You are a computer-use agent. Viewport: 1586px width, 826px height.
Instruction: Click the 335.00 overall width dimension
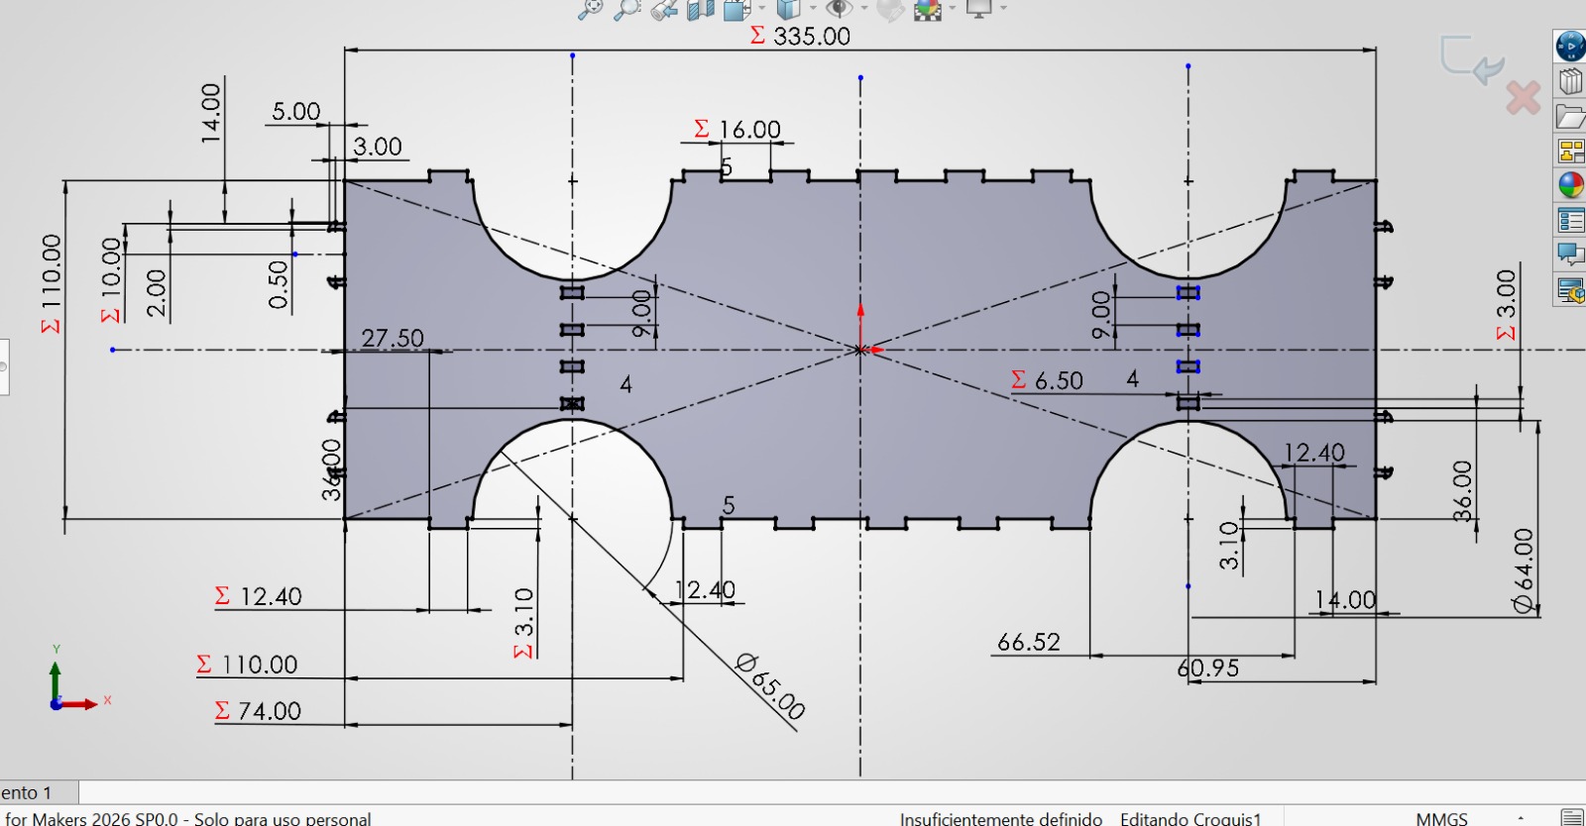(x=810, y=37)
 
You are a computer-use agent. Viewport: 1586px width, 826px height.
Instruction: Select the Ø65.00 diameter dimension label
(x=771, y=684)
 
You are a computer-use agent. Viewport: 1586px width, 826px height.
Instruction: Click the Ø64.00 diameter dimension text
(x=1524, y=571)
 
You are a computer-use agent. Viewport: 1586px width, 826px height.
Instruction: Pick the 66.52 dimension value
(x=1028, y=643)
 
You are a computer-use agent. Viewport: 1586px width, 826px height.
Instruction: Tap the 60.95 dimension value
(x=1208, y=669)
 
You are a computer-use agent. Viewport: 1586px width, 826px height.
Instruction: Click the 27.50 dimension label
(x=393, y=339)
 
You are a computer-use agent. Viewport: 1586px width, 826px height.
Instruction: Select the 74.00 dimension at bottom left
(x=269, y=711)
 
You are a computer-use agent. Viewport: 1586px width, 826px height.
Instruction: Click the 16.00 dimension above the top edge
(x=748, y=130)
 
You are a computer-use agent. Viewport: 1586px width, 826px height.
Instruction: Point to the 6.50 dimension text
(x=1058, y=380)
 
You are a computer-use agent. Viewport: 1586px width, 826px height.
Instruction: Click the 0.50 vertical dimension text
(x=279, y=285)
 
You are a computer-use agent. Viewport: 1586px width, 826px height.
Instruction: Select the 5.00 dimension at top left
(x=295, y=111)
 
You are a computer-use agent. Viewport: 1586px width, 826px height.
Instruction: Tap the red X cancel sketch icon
(x=1524, y=98)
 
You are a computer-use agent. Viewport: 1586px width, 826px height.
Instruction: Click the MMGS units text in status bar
(x=1441, y=818)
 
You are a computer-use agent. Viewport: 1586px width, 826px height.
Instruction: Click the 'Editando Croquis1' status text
(x=1189, y=818)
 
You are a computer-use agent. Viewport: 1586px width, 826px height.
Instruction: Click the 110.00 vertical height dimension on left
(x=52, y=282)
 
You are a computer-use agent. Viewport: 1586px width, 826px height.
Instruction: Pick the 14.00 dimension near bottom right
(x=1345, y=600)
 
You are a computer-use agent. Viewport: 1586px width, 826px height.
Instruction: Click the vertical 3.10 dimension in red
(x=524, y=622)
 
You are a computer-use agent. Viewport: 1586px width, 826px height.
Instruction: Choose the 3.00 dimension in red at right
(x=1506, y=302)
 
